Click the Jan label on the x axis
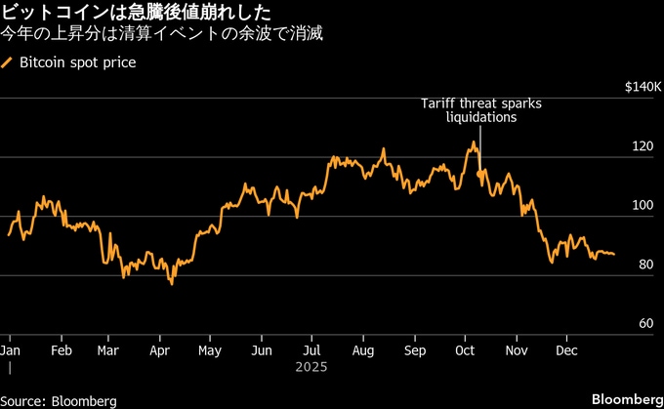coord(11,349)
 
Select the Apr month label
coord(159,349)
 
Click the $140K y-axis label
coord(642,88)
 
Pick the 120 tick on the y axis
coord(642,147)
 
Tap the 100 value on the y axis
coord(642,206)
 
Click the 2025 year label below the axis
coord(310,368)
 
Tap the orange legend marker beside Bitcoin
coord(9,63)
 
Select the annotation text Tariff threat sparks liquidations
coord(480,109)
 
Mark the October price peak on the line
coord(474,143)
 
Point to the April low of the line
coord(172,283)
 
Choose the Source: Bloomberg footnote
coord(59,401)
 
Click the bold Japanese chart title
coord(138,13)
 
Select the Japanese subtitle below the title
coord(162,35)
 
